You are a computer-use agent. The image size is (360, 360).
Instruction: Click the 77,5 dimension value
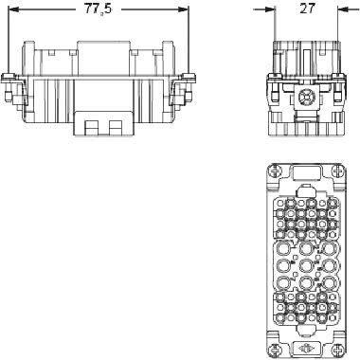coord(98,9)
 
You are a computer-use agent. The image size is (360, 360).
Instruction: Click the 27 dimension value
coord(307,9)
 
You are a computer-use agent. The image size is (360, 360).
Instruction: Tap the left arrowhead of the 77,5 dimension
coord(13,9)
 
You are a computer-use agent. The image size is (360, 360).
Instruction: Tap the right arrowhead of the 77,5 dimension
coord(184,9)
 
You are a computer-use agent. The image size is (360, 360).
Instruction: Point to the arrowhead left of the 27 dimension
coord(271,9)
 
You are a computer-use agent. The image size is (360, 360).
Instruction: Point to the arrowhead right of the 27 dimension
coord(342,9)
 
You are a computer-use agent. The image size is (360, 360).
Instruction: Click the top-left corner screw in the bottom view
coord(274,171)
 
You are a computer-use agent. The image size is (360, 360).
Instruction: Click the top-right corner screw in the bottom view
coord(337,171)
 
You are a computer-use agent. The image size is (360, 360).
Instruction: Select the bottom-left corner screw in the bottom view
coord(274,349)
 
